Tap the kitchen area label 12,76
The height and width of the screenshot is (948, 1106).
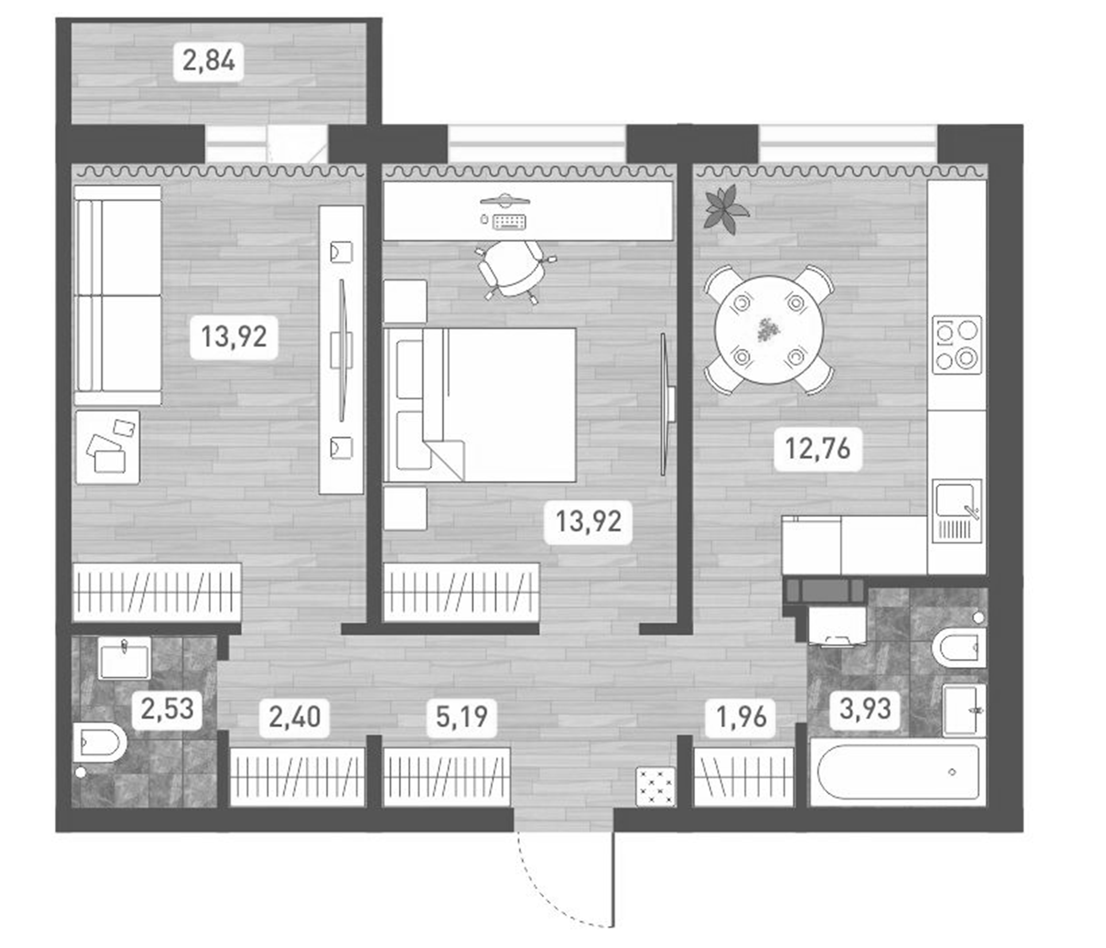(817, 448)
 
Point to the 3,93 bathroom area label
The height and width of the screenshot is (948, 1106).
(865, 709)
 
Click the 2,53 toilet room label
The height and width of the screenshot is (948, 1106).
(167, 709)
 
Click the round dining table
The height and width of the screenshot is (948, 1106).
(768, 329)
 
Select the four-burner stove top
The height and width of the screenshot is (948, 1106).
(956, 345)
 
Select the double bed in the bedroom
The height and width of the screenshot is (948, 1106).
(480, 405)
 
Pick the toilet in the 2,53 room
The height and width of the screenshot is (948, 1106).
(99, 743)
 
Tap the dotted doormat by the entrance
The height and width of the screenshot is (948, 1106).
(656, 786)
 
